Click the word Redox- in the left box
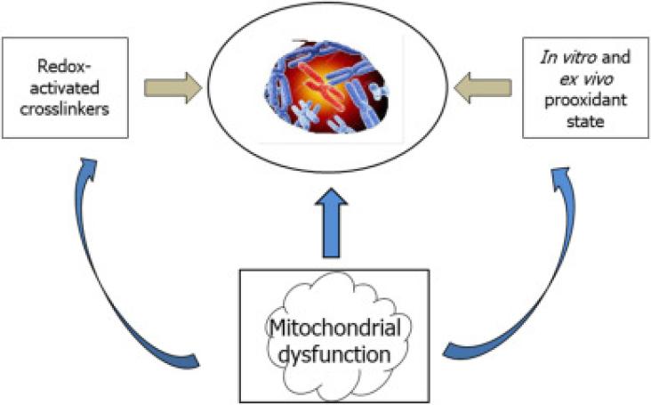pos(64,67)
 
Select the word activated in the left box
pos(64,88)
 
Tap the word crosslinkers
pos(64,109)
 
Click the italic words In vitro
pos(567,57)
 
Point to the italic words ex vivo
pos(586,79)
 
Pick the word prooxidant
pos(585,100)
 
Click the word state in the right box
pos(585,122)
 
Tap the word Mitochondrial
pos(335,328)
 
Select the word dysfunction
pos(334,354)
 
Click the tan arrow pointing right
pos(173,87)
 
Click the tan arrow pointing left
pos(483,87)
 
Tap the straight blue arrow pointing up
pos(331,223)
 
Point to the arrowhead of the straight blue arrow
pos(331,197)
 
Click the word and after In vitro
pos(615,57)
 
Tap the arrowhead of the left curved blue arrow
pos(88,166)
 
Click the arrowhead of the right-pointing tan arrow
pos(193,87)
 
